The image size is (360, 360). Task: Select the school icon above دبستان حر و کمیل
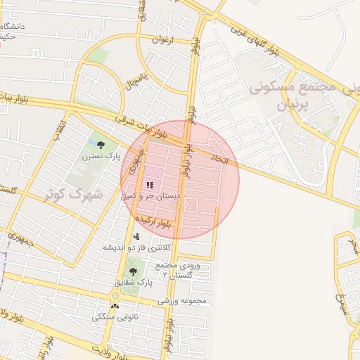click(149, 184)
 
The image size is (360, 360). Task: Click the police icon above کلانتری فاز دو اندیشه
click(136, 236)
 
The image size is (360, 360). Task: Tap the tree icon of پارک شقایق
click(132, 271)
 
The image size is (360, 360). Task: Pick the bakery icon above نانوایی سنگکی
click(115, 307)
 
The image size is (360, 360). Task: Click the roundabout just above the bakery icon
click(115, 296)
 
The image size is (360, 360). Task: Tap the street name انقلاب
click(60, 131)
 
